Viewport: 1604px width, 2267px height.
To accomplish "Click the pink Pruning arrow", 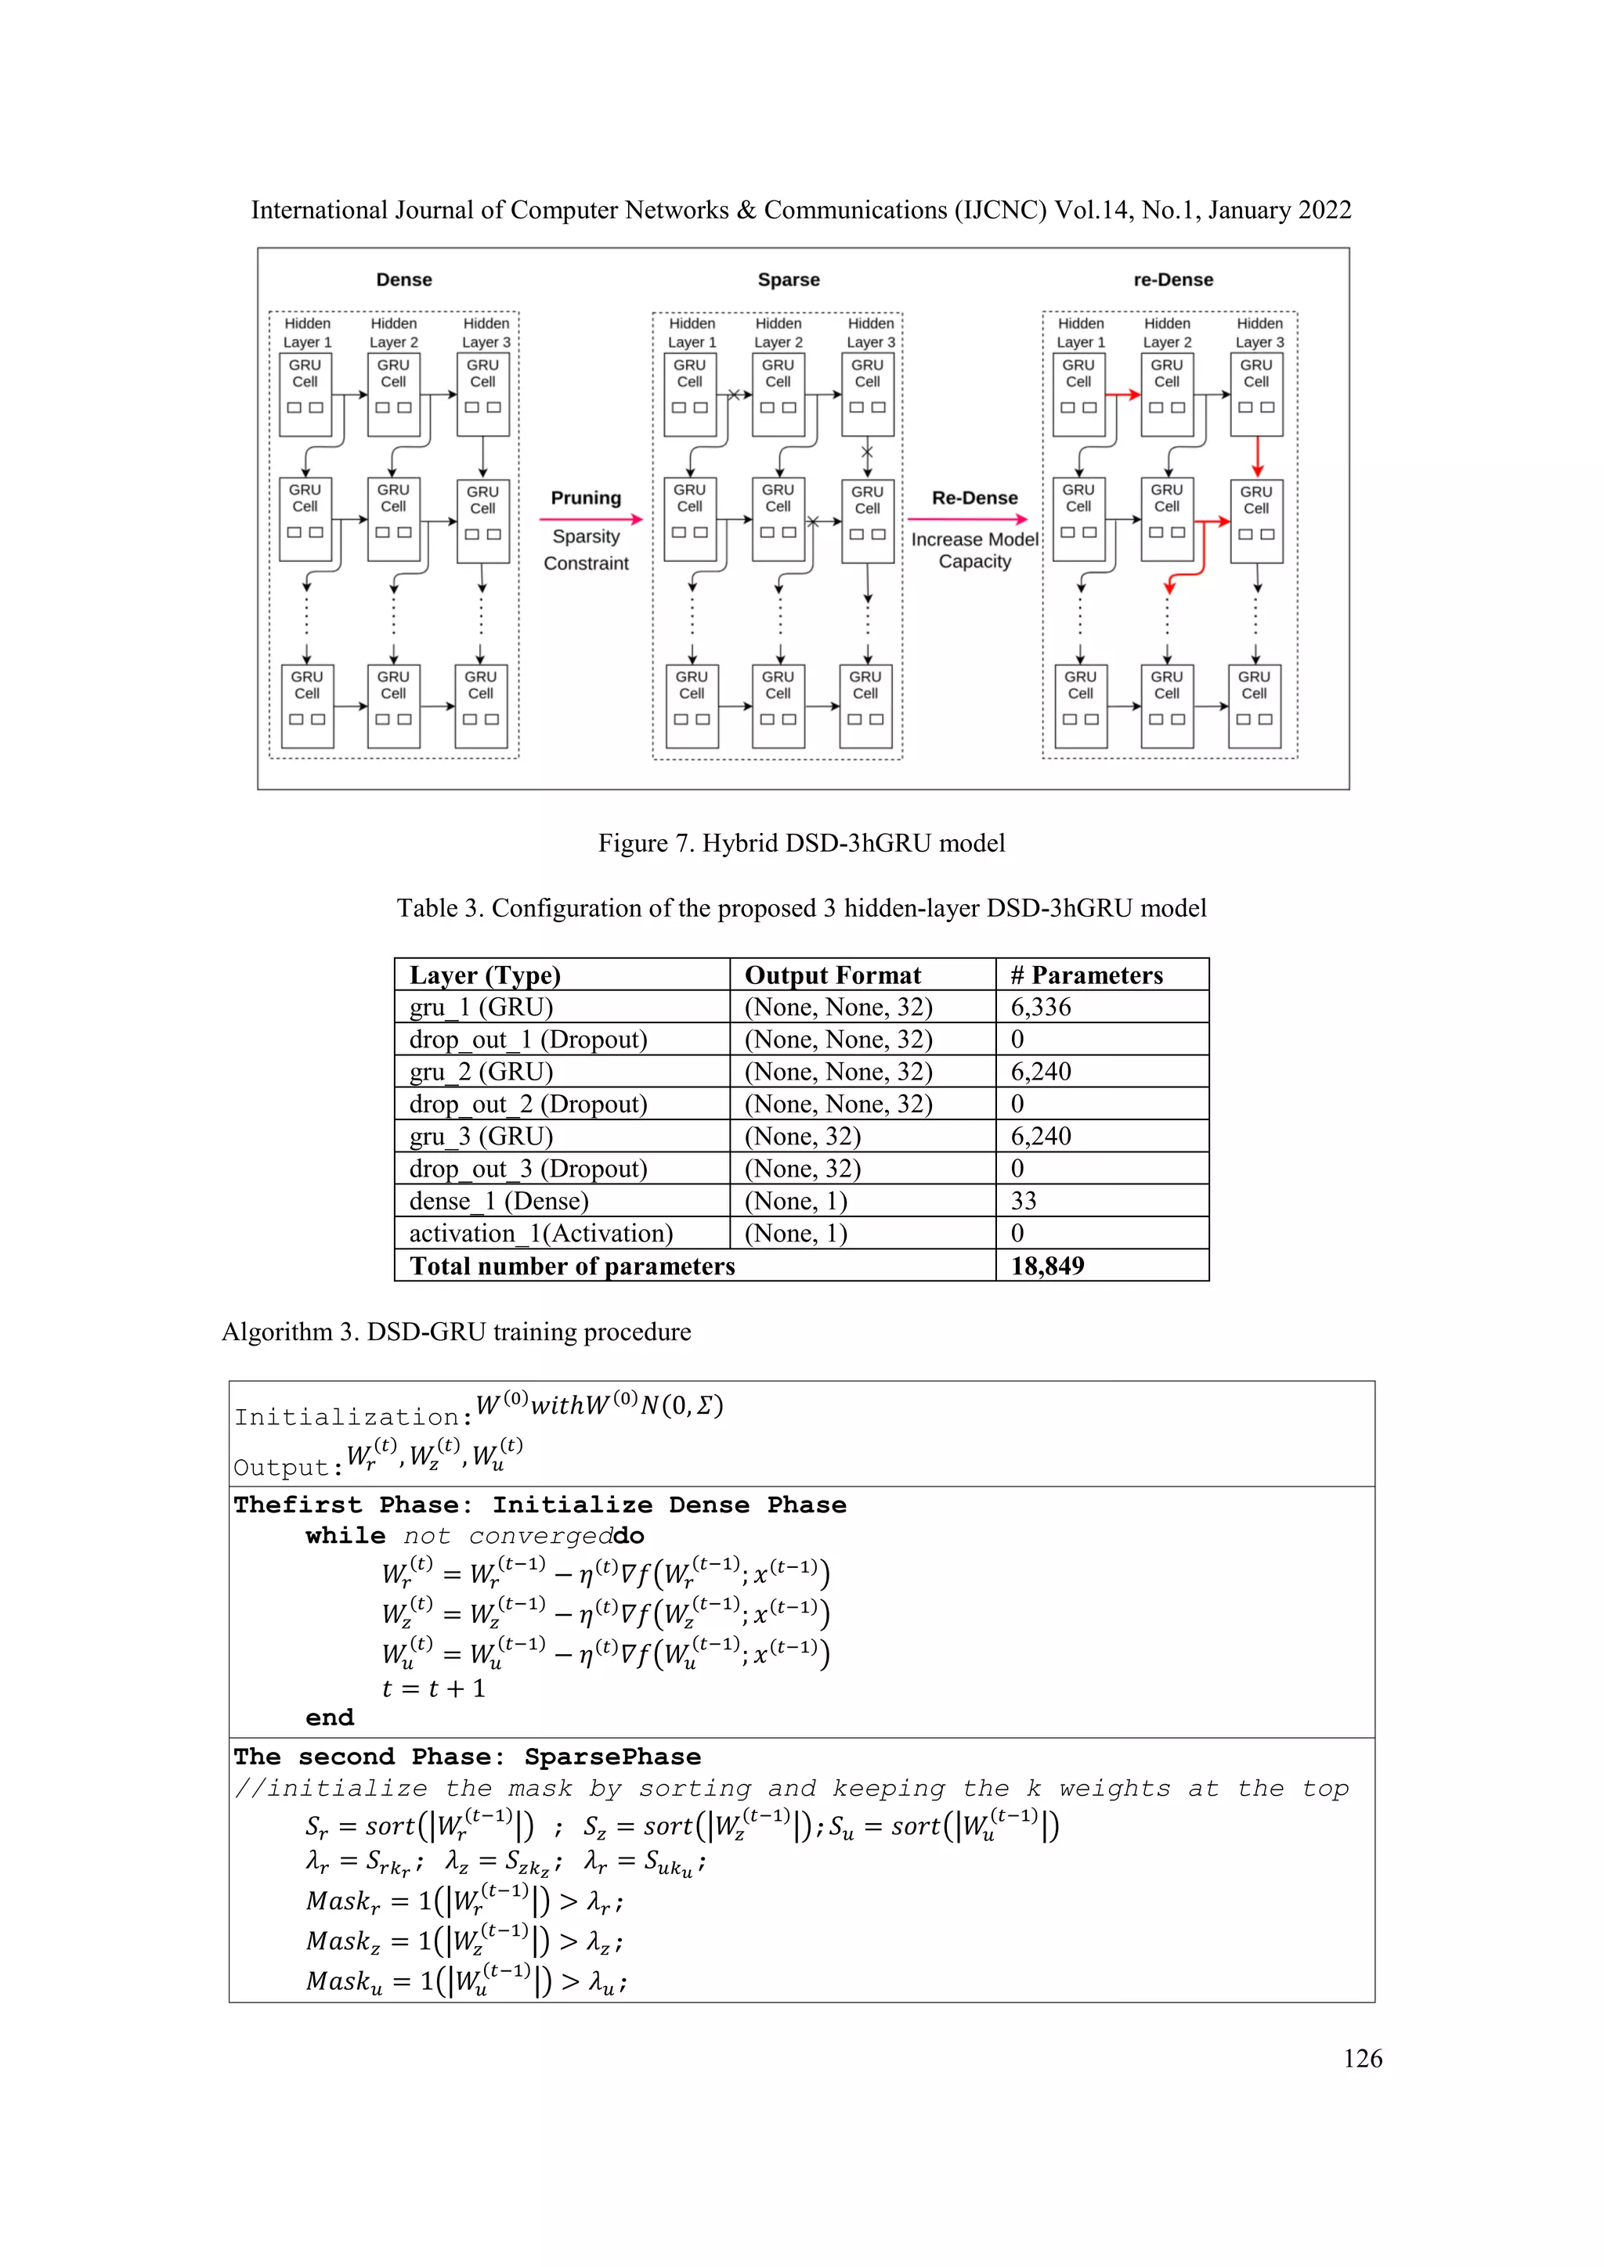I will pos(591,518).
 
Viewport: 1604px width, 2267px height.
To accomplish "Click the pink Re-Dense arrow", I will pos(967,518).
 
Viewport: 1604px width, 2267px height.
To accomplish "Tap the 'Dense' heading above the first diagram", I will pos(404,279).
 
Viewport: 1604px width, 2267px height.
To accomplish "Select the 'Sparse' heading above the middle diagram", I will pos(788,279).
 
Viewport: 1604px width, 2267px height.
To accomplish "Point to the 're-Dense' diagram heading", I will pos(1172,279).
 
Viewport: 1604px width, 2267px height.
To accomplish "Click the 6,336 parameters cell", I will pos(1040,1007).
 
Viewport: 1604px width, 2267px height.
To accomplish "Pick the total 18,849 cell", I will pos(1047,1266).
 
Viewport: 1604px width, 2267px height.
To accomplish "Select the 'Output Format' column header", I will pos(832,975).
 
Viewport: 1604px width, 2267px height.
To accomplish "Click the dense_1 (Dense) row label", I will pos(499,1201).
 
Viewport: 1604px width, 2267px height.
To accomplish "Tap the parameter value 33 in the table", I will pos(1023,1201).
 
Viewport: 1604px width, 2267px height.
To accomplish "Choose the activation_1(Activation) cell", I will pos(540,1233).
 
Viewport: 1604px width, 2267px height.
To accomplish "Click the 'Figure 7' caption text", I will pos(801,843).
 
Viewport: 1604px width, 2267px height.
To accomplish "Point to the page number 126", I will pos(1362,2059).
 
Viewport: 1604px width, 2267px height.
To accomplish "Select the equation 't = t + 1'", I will pos(434,1689).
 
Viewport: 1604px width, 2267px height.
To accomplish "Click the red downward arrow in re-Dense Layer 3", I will pos(1256,457).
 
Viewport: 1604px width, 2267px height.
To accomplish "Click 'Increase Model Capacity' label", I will pos(974,550).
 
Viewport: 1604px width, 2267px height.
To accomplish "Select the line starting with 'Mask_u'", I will pos(465,1981).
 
